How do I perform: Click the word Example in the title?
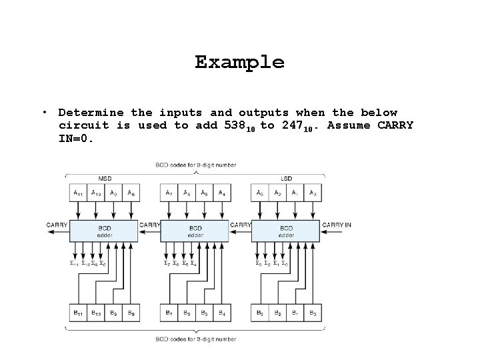(239, 63)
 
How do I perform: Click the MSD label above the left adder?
(105, 178)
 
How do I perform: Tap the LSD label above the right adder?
(287, 178)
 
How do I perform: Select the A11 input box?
(78, 193)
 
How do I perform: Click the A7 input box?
(169, 193)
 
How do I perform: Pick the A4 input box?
(222, 193)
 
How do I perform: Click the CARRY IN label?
(337, 225)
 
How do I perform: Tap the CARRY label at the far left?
(56, 225)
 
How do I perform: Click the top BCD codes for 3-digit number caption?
(195, 165)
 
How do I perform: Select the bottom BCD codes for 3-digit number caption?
(195, 339)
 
